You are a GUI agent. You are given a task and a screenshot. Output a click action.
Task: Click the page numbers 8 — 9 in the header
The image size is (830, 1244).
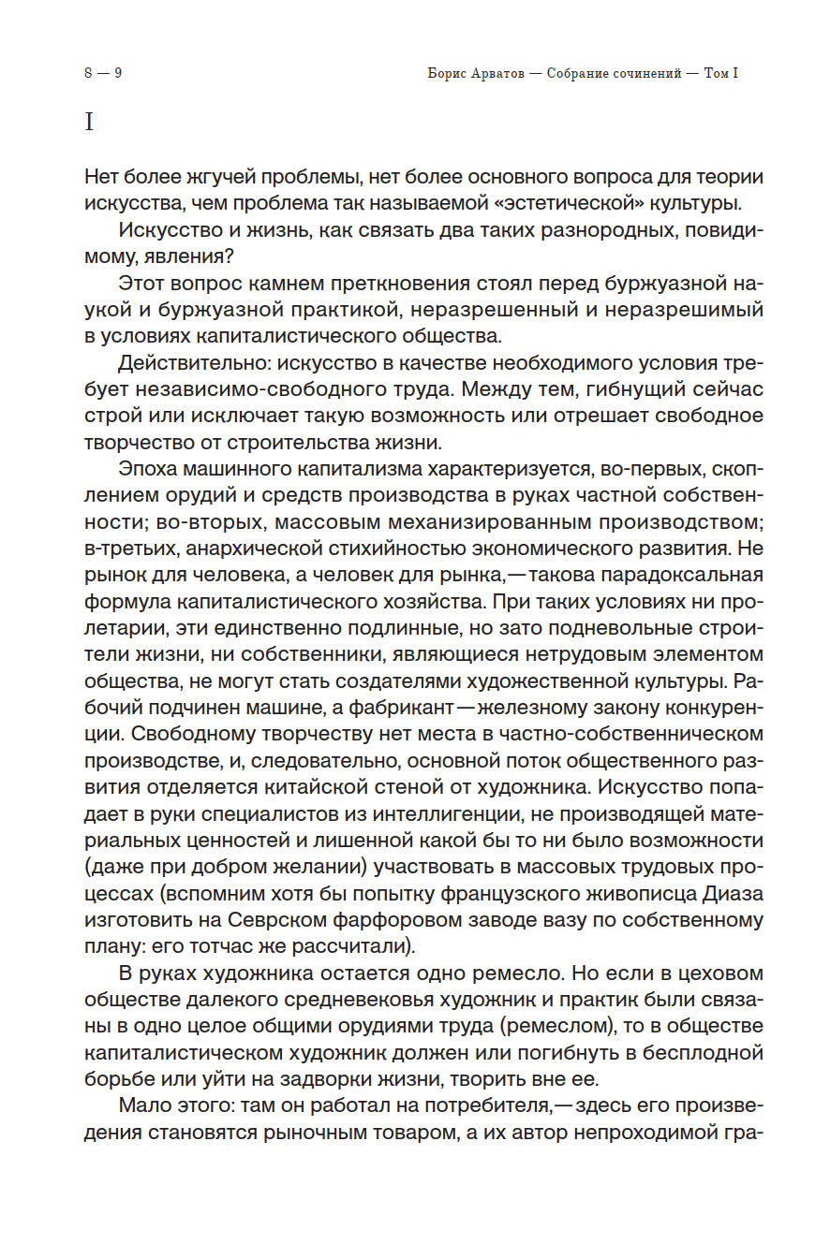coord(103,73)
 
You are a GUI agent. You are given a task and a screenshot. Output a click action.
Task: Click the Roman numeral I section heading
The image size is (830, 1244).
coord(89,122)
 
